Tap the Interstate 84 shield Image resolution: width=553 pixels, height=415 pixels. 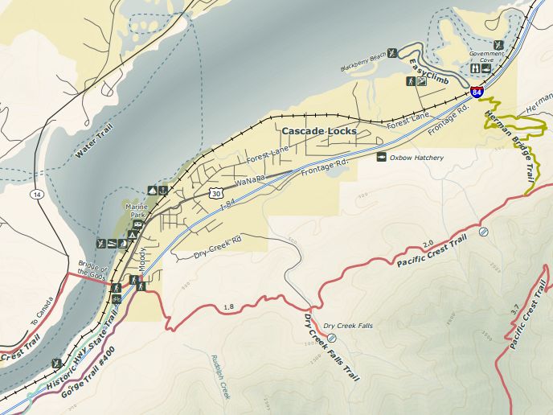[x=477, y=92]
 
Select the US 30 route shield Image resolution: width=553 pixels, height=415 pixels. [x=215, y=192]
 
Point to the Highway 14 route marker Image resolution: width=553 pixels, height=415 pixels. [x=37, y=195]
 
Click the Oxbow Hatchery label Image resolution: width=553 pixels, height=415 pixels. [x=416, y=158]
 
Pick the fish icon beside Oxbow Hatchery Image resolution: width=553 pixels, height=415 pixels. [x=382, y=158]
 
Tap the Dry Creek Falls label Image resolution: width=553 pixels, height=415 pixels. [x=349, y=326]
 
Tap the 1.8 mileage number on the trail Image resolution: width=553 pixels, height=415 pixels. [x=229, y=306]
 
